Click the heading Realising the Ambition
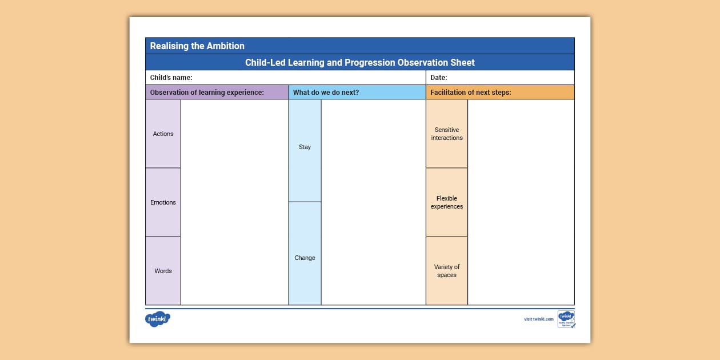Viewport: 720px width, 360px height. point(197,46)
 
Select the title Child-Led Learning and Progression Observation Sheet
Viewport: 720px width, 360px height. point(360,62)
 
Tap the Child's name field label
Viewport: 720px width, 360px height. point(171,78)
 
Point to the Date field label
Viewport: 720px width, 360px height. point(439,78)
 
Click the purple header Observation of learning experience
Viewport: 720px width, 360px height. point(207,93)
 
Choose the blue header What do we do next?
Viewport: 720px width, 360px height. point(326,93)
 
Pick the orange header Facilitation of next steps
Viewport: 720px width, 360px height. point(471,93)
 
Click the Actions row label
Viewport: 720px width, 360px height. point(163,134)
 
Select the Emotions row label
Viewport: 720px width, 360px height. point(163,202)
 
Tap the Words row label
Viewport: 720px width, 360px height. point(163,271)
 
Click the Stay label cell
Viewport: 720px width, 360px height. point(305,147)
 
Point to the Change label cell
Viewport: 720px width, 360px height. point(305,258)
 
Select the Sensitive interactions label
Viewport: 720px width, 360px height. point(447,134)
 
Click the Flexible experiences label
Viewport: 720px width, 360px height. point(447,202)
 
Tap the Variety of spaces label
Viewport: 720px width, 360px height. point(447,271)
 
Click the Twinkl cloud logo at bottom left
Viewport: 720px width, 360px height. point(158,319)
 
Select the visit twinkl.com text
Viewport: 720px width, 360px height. point(539,319)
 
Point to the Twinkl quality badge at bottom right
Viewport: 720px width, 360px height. point(566,319)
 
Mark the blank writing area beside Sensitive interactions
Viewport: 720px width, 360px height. point(521,134)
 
